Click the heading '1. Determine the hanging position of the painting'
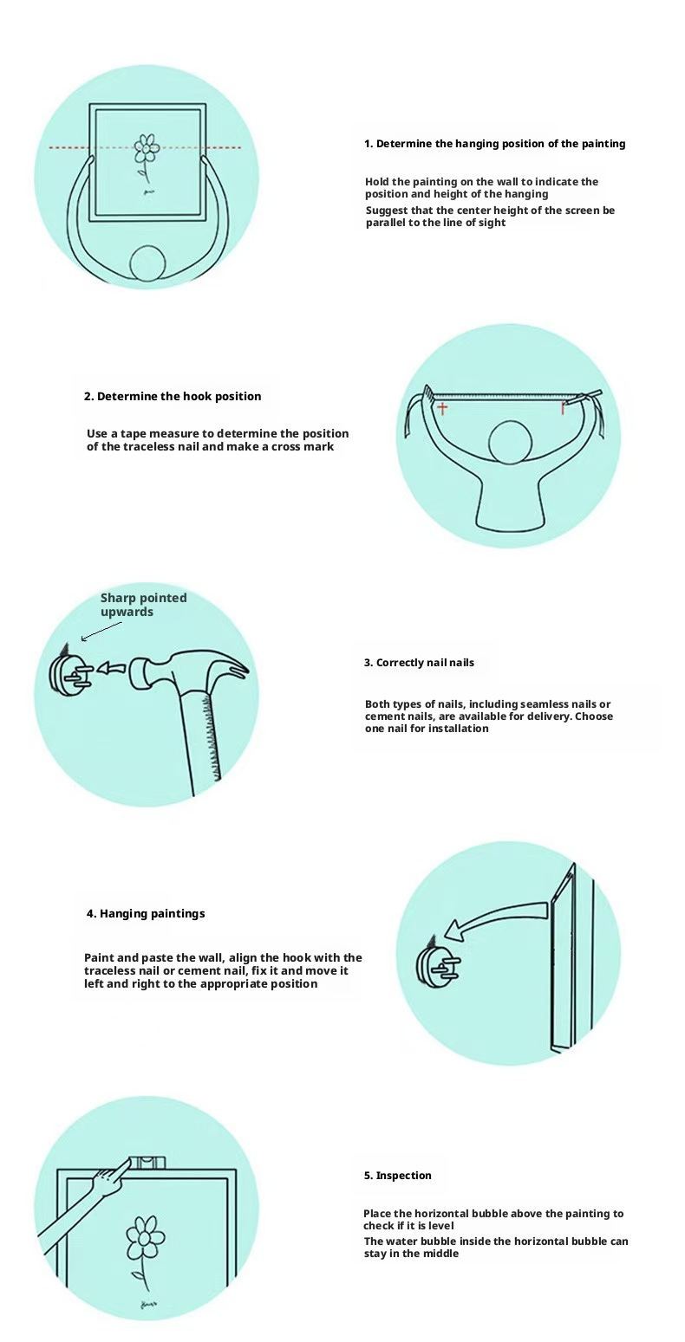[x=495, y=144]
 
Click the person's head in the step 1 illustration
[x=147, y=263]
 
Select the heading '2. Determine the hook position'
[x=173, y=396]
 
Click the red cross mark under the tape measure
[x=442, y=409]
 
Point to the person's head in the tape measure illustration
[x=510, y=443]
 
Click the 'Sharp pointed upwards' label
[x=143, y=605]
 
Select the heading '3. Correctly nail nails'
[x=419, y=663]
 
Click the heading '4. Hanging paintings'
[x=146, y=914]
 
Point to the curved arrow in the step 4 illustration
[x=497, y=917]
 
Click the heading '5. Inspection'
[x=397, y=1176]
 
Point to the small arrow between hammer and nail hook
[x=111, y=668]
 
